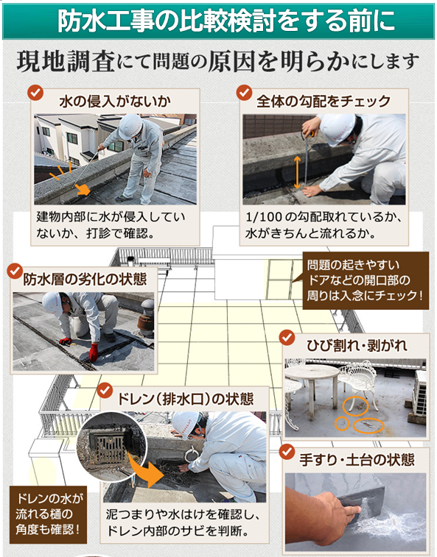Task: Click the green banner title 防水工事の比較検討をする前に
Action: click(226, 21)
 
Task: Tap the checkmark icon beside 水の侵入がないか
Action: click(35, 93)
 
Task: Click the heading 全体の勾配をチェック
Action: click(324, 102)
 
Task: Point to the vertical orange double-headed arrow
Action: click(297, 173)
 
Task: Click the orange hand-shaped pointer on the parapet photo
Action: click(83, 189)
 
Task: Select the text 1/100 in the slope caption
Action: click(264, 216)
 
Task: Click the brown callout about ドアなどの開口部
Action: click(365, 280)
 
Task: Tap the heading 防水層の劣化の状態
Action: click(85, 279)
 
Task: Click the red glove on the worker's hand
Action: click(94, 352)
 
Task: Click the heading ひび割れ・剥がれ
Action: click(357, 345)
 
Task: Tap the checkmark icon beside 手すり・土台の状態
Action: click(287, 452)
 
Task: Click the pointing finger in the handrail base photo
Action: click(352, 511)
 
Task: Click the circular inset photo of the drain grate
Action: click(111, 447)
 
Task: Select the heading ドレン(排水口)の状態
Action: click(186, 399)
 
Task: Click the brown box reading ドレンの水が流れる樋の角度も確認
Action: click(48, 515)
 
